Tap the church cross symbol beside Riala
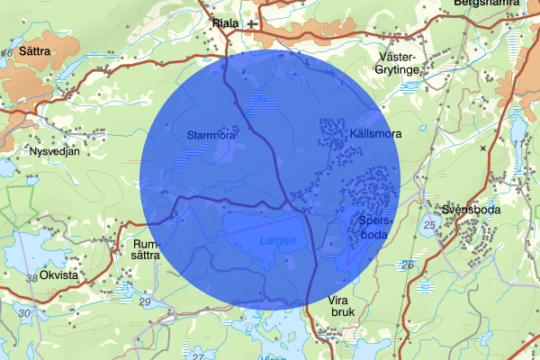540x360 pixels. (x=252, y=24)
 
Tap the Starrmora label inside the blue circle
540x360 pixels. (x=210, y=136)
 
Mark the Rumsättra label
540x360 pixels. (x=145, y=249)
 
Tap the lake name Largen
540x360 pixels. (x=276, y=240)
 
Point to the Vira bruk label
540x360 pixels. (x=337, y=306)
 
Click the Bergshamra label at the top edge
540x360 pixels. (x=487, y=4)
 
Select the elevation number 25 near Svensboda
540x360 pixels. (x=430, y=223)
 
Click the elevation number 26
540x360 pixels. (x=407, y=265)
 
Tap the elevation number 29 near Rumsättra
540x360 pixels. (x=146, y=301)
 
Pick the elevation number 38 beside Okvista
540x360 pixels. (x=33, y=278)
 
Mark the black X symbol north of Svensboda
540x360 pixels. (x=482, y=147)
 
